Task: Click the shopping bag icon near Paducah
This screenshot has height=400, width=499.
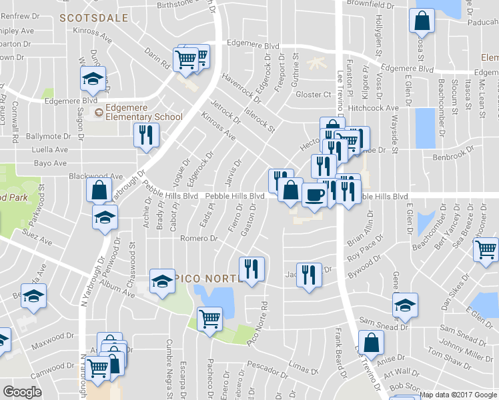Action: click(x=422, y=21)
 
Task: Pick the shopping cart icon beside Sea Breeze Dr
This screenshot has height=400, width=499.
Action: click(x=485, y=250)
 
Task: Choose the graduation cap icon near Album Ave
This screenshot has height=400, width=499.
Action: click(x=161, y=281)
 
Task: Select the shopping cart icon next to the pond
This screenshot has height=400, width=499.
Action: click(x=210, y=319)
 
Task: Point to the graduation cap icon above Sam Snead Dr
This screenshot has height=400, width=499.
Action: click(x=405, y=305)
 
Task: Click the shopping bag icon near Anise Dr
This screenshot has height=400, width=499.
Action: click(x=374, y=342)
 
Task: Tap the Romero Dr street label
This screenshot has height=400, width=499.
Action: click(x=199, y=238)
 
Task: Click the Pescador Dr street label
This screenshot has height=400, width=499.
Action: click(x=266, y=365)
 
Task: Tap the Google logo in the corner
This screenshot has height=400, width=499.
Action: click(x=23, y=391)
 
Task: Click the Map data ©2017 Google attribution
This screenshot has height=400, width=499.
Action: click(x=458, y=395)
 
